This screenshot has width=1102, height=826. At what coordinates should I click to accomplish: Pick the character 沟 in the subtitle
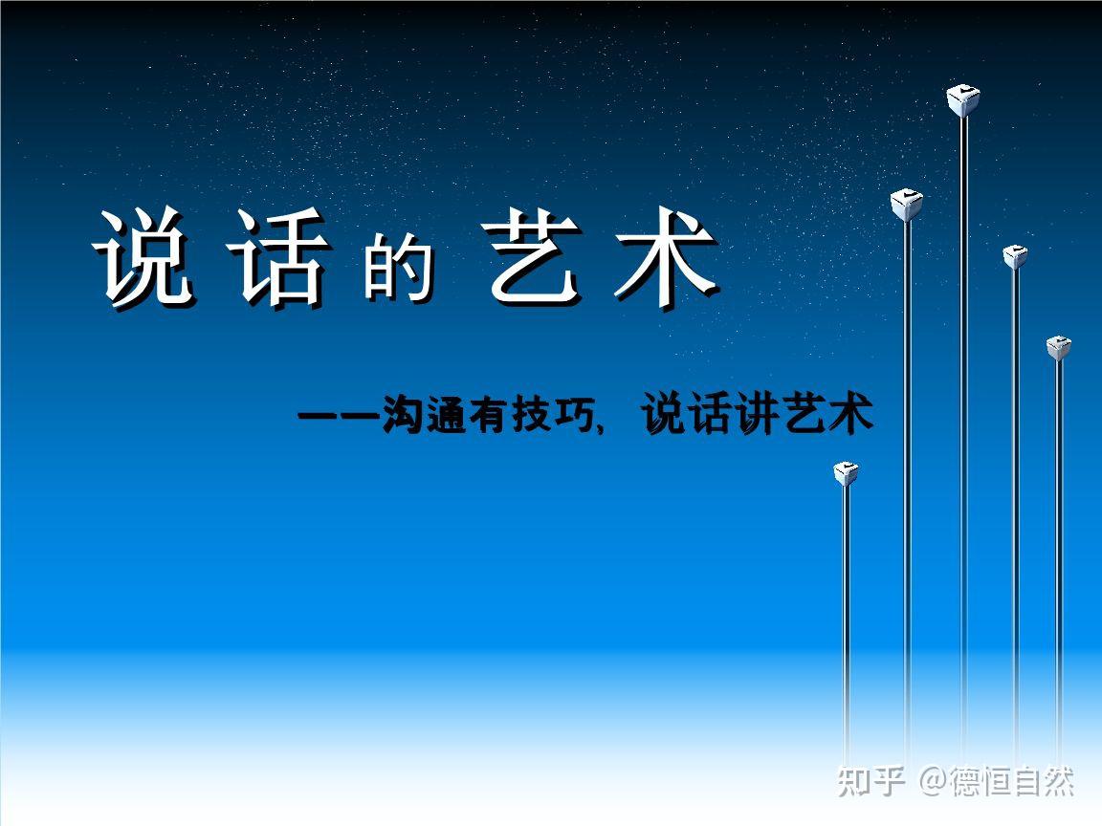[403, 416]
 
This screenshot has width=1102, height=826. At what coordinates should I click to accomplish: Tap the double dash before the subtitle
[340, 417]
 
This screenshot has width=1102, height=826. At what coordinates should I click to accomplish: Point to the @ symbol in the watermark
[934, 781]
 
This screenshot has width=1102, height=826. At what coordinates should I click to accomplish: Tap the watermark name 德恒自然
[1012, 781]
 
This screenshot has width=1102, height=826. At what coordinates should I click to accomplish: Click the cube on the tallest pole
[962, 99]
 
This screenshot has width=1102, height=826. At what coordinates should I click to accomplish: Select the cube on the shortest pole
[846, 473]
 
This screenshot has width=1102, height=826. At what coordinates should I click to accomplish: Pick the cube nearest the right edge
[1058, 347]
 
